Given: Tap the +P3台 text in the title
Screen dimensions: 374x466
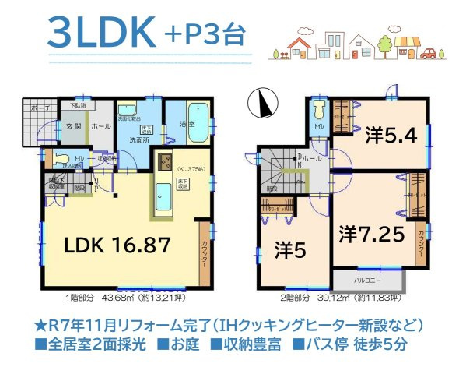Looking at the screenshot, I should click(x=204, y=34).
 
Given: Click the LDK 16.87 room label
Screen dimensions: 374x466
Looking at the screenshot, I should click(x=117, y=245).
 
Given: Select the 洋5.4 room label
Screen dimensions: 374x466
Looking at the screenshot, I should click(x=391, y=135).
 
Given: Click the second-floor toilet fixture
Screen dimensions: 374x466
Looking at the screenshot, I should click(x=318, y=111).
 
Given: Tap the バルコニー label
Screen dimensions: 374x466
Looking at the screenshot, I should click(x=367, y=277).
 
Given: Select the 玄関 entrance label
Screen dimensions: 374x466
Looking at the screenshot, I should click(x=72, y=125).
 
